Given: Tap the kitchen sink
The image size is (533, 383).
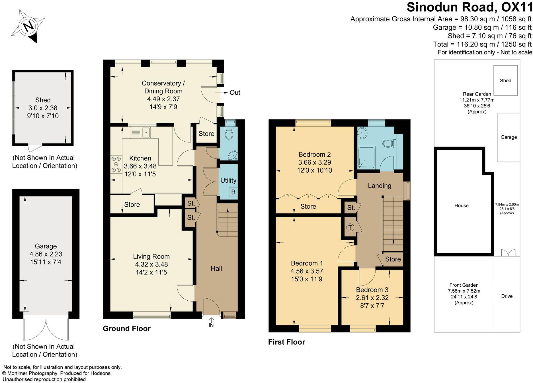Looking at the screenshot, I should click(x=140, y=133).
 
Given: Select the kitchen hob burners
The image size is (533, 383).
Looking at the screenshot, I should click(x=116, y=164).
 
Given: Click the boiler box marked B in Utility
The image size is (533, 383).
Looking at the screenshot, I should click(x=233, y=192).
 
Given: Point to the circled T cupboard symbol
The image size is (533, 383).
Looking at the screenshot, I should click(x=350, y=227).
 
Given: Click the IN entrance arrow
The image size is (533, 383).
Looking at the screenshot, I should click(x=211, y=322).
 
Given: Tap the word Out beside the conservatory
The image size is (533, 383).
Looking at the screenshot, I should click(x=235, y=93).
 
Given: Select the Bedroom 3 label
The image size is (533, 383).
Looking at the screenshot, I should click(x=372, y=290).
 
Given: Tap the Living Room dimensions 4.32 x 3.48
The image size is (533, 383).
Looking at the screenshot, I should click(x=151, y=264).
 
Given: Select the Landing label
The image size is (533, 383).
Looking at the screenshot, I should click(x=380, y=186).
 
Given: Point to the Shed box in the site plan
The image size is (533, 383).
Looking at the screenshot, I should click(x=505, y=81).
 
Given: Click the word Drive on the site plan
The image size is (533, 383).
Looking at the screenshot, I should click(x=507, y=296).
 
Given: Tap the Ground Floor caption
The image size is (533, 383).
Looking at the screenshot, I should click(x=126, y=329).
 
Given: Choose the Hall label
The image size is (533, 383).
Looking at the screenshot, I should click(x=216, y=268).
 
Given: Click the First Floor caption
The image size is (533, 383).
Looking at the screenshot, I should click(x=286, y=342).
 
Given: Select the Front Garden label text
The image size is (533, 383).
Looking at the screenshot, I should click(x=464, y=285).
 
